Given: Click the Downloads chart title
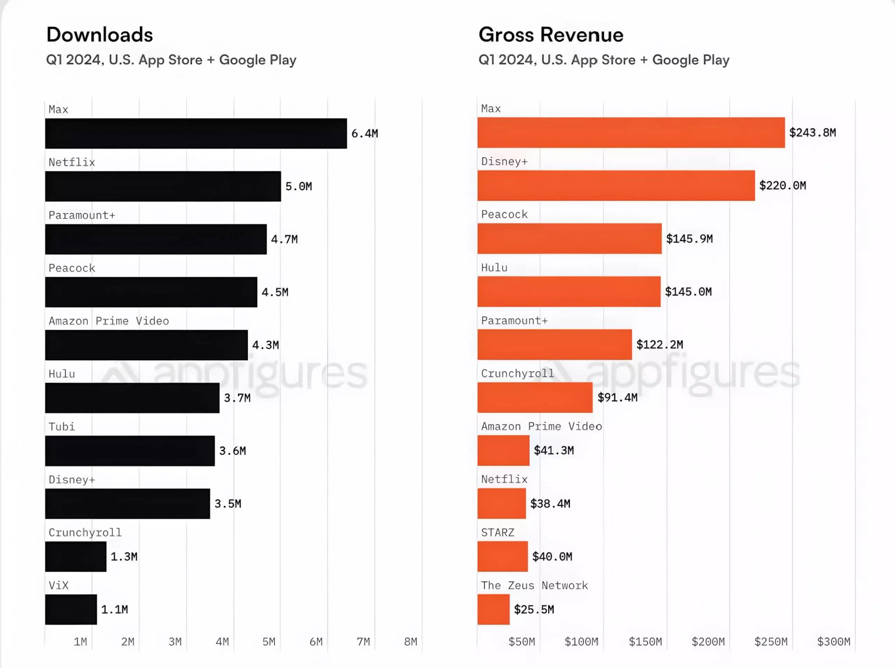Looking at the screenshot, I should coord(100,35).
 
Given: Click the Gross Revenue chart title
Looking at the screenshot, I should coord(550,35).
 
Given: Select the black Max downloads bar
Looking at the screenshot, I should coord(196,133).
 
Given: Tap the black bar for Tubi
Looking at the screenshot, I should coord(130,451).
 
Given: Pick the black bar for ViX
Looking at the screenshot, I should coord(71,609).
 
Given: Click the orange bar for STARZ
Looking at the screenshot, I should coord(502,557).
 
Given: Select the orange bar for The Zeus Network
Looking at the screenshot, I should coord(493,609).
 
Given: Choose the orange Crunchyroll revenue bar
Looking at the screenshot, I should coord(535,397).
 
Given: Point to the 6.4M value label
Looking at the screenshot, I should coord(365,134).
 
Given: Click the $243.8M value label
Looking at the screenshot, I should coord(812,133).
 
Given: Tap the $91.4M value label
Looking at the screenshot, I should coord(618,398).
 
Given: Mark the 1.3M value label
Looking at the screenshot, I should coord(124,557).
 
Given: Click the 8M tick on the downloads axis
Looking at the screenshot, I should coord(411,642).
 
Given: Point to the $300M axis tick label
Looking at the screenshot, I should coord(833,642).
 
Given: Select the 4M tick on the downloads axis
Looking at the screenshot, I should coord(222,642).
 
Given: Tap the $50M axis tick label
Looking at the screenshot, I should coord(521,642).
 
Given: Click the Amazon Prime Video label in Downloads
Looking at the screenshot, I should coord(109,321).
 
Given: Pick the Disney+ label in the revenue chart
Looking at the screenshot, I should coord(504,162).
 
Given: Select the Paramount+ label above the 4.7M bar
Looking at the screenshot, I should coord(82,215).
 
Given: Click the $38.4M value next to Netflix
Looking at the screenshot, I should coord(550,504).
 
